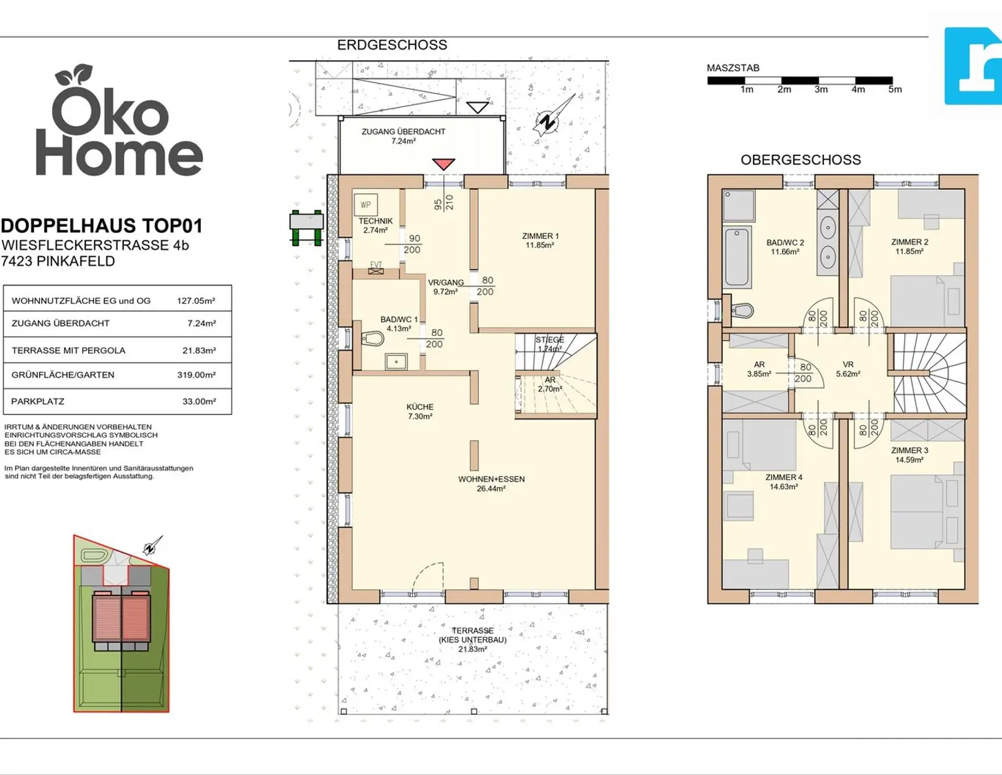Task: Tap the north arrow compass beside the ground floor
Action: [553, 115]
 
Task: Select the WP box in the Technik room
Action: [366, 205]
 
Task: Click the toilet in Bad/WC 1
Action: [373, 339]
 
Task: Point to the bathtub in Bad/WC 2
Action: [737, 256]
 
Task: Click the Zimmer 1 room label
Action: [540, 240]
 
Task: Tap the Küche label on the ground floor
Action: [419, 411]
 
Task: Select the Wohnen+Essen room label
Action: [491, 483]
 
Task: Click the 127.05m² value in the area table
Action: [196, 301]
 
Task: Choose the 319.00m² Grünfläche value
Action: [196, 375]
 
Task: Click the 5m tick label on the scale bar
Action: [895, 89]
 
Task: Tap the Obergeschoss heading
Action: [800, 160]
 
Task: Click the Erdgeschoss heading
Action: [392, 45]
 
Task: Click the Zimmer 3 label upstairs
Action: [909, 455]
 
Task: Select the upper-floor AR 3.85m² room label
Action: [759, 369]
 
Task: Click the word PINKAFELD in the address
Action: [76, 261]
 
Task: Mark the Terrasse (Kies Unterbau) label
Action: [472, 639]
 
